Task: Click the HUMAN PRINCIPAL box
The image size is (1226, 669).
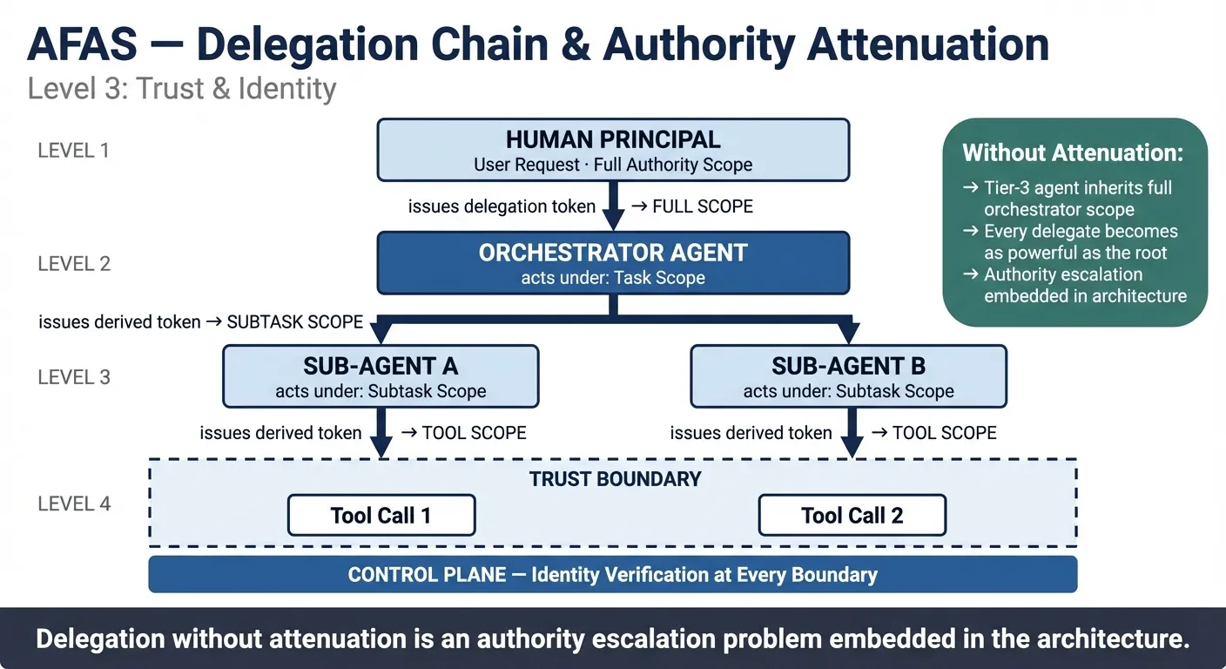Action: tap(612, 150)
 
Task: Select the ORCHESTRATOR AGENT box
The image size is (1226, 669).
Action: tap(612, 263)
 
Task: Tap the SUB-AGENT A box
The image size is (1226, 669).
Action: tap(381, 376)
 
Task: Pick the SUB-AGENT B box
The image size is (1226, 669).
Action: tap(848, 376)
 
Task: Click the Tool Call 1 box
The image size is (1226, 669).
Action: tap(381, 515)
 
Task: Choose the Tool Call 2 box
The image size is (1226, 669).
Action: tap(852, 515)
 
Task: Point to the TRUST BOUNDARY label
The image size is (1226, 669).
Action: tap(615, 479)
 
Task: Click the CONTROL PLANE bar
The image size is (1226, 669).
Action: tap(612, 575)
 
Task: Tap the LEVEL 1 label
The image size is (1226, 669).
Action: tap(74, 150)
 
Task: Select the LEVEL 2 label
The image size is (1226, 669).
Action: tap(74, 263)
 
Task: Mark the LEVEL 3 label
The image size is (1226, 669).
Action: tap(74, 377)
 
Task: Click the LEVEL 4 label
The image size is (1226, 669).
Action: tap(74, 503)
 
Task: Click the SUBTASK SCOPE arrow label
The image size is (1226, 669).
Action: tap(294, 321)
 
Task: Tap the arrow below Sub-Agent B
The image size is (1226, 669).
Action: tap(852, 433)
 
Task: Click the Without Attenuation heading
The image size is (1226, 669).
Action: tap(1073, 153)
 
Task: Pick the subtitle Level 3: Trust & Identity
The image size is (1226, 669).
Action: tap(181, 89)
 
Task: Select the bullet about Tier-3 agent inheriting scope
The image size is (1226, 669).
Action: tap(1076, 199)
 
